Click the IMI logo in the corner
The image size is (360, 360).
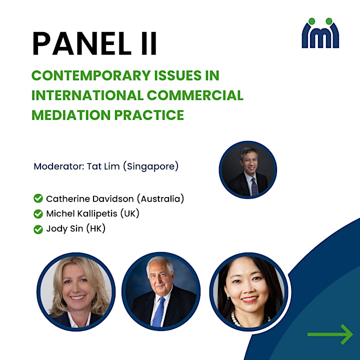coord(320,33)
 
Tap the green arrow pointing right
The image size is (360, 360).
coord(330,334)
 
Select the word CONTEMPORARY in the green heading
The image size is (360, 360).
coord(91,75)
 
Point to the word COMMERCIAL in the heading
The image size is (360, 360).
coord(195,95)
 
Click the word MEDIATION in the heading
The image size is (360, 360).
coord(71,115)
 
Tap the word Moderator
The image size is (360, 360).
coord(58,166)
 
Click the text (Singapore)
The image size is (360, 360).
coord(151,166)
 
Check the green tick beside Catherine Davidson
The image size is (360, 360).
coord(38,198)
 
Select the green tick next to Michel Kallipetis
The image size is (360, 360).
coord(38,214)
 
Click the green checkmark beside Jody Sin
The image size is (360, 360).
coord(38,229)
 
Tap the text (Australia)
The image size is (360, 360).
coord(160,199)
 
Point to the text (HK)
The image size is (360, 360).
coord(96,229)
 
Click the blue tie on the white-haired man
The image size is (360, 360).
coord(158,312)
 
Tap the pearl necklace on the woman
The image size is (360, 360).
coord(236,319)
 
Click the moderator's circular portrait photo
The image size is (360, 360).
coord(247,170)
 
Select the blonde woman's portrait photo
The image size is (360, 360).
coord(76,292)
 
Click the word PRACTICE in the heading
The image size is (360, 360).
coord(149,115)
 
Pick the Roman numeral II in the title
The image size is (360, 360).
coord(149,43)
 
